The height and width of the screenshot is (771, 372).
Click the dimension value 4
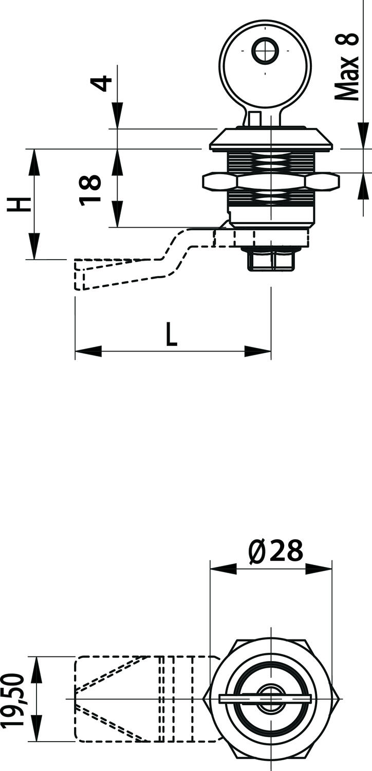104,83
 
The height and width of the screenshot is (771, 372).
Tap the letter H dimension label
19,204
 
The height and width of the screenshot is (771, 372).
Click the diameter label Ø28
275,551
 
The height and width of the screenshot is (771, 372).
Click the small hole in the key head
265,51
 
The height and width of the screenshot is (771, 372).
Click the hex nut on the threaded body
271,181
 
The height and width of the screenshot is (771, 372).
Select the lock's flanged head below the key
271,140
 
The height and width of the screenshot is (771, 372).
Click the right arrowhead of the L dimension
257,352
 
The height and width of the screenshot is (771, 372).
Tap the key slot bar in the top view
265,698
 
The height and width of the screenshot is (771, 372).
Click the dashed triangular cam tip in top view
110,699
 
